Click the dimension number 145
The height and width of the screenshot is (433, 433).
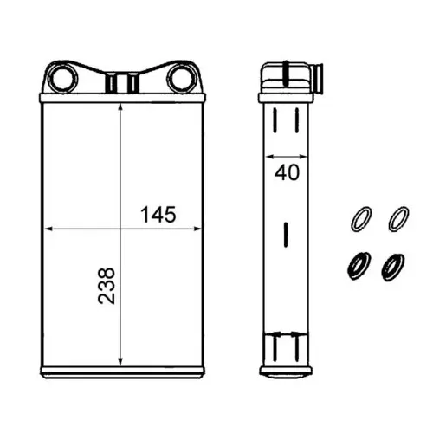click(158, 215)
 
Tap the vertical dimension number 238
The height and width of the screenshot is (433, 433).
click(107, 286)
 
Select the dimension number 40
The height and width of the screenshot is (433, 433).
click(287, 172)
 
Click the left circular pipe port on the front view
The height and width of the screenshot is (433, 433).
click(62, 78)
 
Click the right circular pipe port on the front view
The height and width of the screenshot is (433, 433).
click(182, 78)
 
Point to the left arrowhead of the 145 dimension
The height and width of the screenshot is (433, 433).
click(48, 229)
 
